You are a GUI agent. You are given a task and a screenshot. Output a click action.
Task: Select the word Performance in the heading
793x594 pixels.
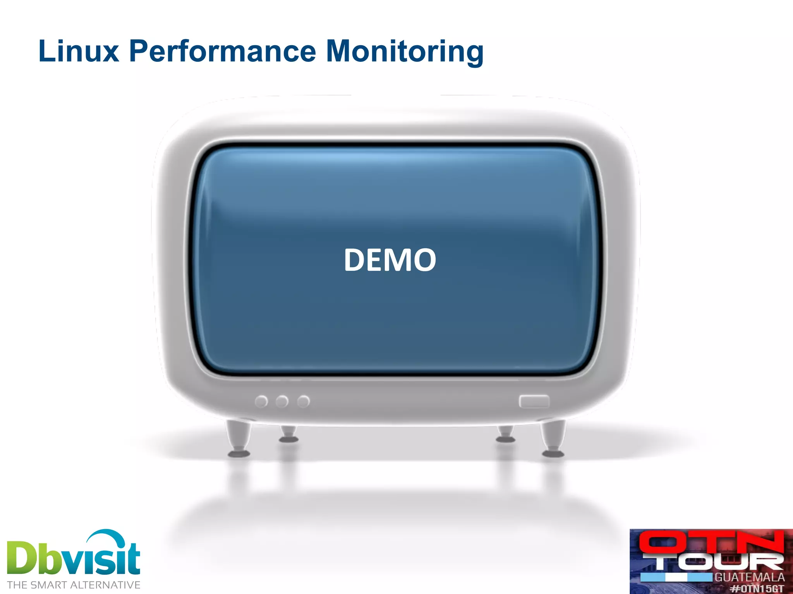click(x=223, y=51)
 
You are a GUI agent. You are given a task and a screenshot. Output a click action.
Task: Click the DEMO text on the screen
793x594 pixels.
click(x=390, y=260)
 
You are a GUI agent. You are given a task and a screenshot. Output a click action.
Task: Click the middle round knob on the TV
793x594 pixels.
click(x=282, y=401)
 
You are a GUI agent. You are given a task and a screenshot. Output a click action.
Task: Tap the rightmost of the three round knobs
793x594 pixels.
click(x=303, y=401)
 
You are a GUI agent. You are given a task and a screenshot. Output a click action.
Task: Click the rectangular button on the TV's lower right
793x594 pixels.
click(x=534, y=401)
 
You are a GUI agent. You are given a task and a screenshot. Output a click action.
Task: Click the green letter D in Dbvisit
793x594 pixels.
click(x=23, y=558)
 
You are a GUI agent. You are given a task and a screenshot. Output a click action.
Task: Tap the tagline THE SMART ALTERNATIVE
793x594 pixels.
click(x=74, y=585)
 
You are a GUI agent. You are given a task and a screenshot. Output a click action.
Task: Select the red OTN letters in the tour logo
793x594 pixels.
click(x=711, y=542)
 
